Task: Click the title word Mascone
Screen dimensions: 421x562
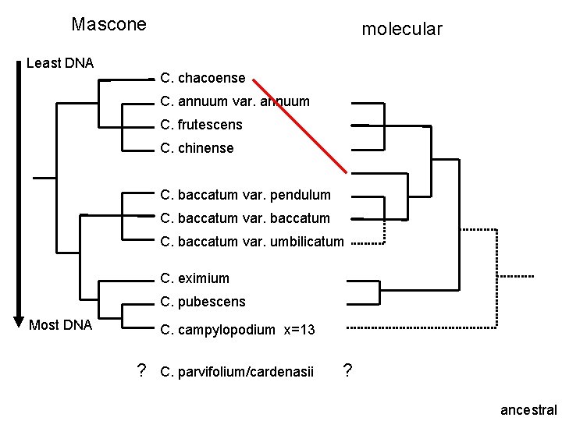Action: tap(108, 24)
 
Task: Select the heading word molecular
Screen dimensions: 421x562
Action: tap(402, 30)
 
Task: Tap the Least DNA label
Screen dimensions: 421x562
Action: tap(60, 63)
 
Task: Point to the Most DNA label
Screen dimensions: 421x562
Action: tap(60, 324)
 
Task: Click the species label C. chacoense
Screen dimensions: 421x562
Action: tap(202, 78)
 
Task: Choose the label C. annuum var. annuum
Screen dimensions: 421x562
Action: tap(234, 101)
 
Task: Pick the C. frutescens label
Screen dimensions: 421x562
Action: tap(201, 125)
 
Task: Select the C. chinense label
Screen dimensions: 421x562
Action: tap(196, 148)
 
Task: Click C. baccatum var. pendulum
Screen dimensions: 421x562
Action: tap(245, 194)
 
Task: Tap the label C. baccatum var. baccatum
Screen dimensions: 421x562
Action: tap(244, 218)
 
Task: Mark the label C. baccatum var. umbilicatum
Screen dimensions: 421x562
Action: tap(251, 242)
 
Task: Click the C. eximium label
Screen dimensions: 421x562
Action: tap(194, 278)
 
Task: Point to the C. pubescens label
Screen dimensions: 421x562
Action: tap(202, 302)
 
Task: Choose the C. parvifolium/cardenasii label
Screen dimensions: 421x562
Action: tap(236, 371)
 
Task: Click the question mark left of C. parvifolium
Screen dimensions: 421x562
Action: tap(141, 370)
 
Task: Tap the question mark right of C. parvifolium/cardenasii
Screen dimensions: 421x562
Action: tap(348, 370)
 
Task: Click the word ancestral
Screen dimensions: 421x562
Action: tap(528, 409)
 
